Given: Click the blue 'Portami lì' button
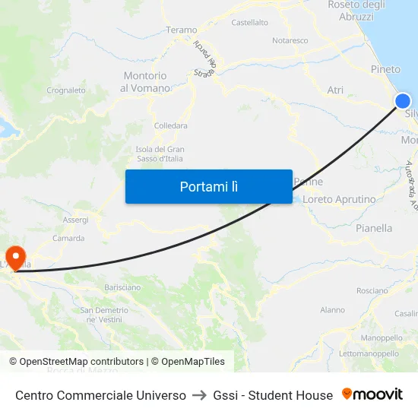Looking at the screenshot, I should pyautogui.click(x=208, y=186).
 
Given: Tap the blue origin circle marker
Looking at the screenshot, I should pyautogui.click(x=403, y=101).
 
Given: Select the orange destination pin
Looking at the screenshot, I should pyautogui.click(x=14, y=256).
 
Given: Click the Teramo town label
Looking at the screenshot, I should pyautogui.click(x=181, y=30).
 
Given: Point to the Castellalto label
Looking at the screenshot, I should pyautogui.click(x=249, y=23).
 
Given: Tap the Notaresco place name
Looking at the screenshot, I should pyautogui.click(x=290, y=40).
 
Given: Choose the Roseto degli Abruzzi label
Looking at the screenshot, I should pyautogui.click(x=356, y=11).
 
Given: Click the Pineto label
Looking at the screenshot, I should pyautogui.click(x=385, y=69).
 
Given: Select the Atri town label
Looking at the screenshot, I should pyautogui.click(x=335, y=90).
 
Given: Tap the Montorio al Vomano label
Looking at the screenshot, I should pyautogui.click(x=144, y=82).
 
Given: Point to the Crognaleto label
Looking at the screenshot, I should pyautogui.click(x=66, y=90).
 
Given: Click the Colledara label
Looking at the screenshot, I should pyautogui.click(x=170, y=126).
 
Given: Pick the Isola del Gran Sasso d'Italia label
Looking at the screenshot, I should pyautogui.click(x=160, y=154).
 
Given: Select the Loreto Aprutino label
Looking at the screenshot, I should pyautogui.click(x=339, y=200).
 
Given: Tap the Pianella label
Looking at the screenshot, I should pyautogui.click(x=374, y=228).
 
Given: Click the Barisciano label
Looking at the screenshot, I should pyautogui.click(x=122, y=287).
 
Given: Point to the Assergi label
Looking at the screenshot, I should pyautogui.click(x=75, y=220).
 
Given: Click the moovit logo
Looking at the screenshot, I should pyautogui.click(x=372, y=394).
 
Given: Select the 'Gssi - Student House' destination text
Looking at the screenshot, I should pyautogui.click(x=273, y=395).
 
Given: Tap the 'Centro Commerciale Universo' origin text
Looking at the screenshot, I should pyautogui.click(x=100, y=395).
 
